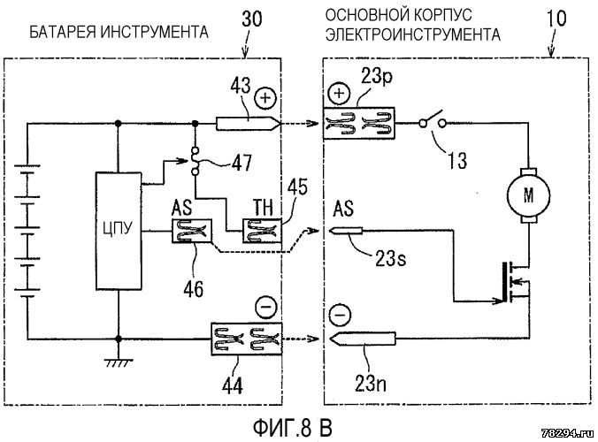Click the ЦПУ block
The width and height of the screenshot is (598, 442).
pyautogui.click(x=119, y=232)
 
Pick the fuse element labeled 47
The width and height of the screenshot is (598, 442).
pyautogui.click(x=196, y=160)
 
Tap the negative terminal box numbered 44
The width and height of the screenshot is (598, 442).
pyautogui.click(x=241, y=339)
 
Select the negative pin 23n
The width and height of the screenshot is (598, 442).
pyautogui.click(x=362, y=339)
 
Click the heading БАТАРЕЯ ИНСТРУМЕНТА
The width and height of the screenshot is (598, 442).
pyautogui.click(x=119, y=34)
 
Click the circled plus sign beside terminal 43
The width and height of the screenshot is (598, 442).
pyautogui.click(x=264, y=97)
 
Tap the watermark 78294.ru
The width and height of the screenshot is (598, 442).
pyautogui.click(x=564, y=431)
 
